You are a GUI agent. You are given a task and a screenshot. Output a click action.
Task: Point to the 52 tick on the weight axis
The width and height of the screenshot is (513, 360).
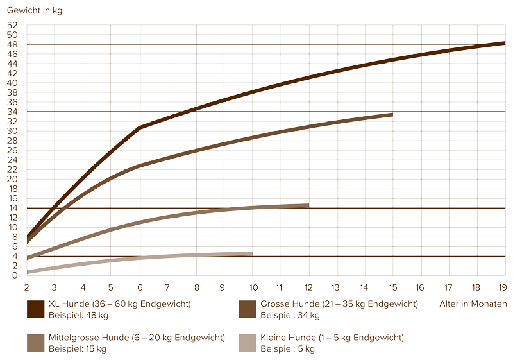13,25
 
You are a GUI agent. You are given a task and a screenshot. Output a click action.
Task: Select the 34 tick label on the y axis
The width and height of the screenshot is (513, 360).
13,112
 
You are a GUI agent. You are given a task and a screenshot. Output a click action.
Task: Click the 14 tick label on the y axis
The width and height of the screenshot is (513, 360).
13,208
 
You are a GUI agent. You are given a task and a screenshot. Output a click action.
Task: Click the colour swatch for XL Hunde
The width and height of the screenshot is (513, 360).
35,309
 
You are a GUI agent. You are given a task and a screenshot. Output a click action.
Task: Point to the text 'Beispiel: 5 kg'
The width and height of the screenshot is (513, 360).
288,348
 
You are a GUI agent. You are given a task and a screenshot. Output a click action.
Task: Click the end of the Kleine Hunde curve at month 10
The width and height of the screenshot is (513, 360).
252,253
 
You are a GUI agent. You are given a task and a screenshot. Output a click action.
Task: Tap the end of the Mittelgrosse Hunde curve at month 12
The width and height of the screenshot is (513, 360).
308,205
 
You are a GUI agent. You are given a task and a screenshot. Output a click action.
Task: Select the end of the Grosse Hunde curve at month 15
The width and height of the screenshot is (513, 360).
392,114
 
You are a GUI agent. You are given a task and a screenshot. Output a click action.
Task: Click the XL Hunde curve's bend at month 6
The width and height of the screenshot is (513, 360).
140,128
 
